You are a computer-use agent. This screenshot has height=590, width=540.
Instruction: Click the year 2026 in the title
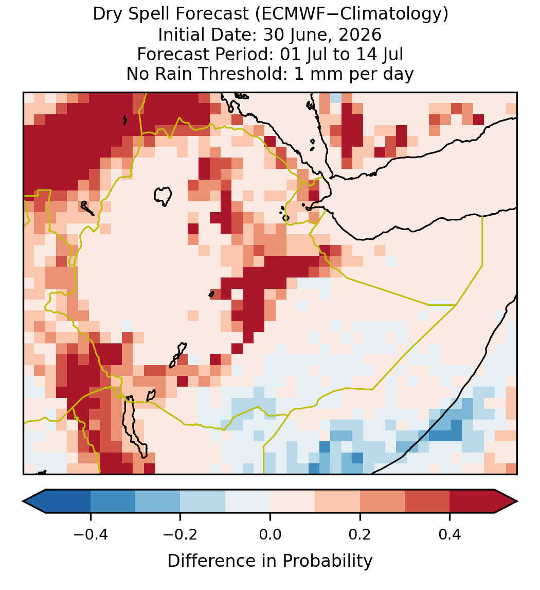click(x=360, y=34)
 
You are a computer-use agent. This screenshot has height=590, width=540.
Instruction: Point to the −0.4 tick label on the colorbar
click(x=91, y=534)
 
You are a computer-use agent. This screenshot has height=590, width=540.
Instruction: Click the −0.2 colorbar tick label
click(x=181, y=534)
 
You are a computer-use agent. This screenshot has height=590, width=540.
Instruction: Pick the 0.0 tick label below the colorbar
click(x=270, y=534)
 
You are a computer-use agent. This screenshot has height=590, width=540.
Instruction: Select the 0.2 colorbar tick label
click(x=360, y=534)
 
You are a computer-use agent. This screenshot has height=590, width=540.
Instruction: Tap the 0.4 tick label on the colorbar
click(x=450, y=534)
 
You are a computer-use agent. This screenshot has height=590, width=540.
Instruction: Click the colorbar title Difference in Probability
click(x=270, y=561)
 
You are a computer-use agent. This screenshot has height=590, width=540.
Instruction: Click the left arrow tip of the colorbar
click(x=23, y=501)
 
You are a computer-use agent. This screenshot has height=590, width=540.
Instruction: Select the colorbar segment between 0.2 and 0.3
click(x=382, y=501)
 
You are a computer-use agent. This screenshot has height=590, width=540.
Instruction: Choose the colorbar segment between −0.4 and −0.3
click(x=113, y=501)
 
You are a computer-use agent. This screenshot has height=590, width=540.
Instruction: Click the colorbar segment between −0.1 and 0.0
click(x=248, y=501)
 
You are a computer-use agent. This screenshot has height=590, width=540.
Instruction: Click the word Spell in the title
click(x=150, y=14)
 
